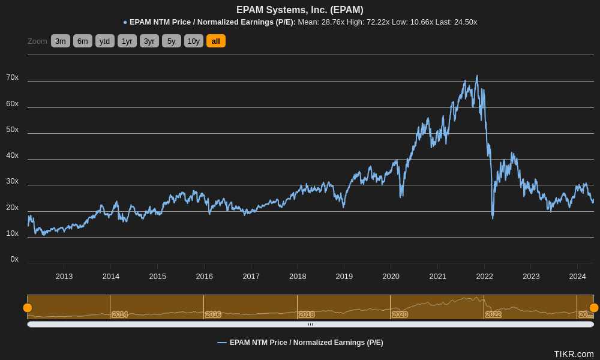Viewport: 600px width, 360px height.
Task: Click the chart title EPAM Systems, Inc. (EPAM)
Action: [x=299, y=10]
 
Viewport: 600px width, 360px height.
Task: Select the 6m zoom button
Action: [x=83, y=41]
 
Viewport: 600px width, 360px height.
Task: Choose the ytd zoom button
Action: [x=104, y=41]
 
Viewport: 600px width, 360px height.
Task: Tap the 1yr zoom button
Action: [x=127, y=41]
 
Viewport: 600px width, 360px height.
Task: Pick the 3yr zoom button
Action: [x=149, y=41]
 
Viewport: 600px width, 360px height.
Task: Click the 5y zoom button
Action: [x=171, y=41]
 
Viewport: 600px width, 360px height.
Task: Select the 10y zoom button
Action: [x=193, y=41]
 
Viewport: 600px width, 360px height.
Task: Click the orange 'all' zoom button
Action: [x=215, y=41]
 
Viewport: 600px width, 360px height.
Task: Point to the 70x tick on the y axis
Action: [x=12, y=77]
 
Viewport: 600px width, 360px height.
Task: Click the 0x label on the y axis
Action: [x=14, y=259]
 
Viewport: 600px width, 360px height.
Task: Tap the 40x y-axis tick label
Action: [x=12, y=155]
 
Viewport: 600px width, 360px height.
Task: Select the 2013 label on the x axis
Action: [x=64, y=277]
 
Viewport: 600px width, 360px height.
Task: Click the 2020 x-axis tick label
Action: [x=391, y=277]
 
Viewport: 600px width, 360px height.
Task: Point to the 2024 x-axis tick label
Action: [x=577, y=277]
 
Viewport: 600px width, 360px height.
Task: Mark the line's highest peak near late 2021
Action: [x=477, y=76]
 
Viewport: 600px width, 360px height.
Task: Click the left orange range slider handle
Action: [x=28, y=308]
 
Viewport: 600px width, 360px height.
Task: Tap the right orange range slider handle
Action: [x=593, y=308]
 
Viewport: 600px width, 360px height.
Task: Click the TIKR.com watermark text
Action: [x=573, y=354]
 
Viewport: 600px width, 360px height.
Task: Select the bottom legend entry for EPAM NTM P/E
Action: [x=300, y=343]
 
